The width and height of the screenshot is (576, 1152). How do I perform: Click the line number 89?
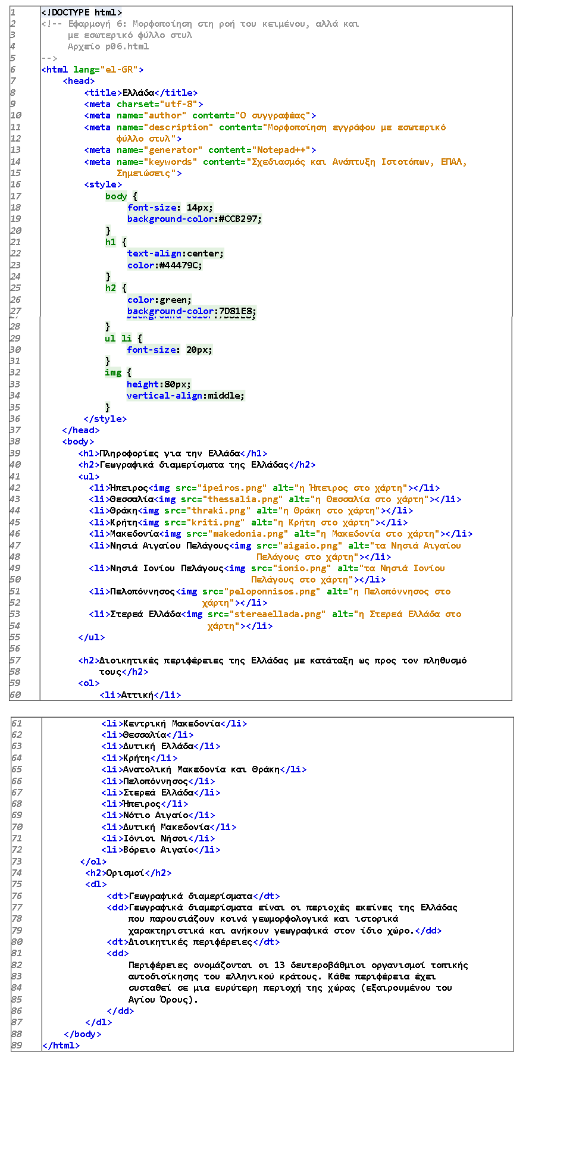pos(17,1045)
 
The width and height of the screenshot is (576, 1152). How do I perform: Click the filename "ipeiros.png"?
pos(232,488)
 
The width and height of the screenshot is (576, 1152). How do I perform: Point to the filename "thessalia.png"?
pos(243,499)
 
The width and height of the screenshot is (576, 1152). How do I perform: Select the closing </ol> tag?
pos(93,862)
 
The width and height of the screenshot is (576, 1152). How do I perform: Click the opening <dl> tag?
pos(96,884)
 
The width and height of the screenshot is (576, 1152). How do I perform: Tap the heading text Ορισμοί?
pos(126,873)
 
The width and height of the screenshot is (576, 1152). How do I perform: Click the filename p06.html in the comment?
pos(127,46)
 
